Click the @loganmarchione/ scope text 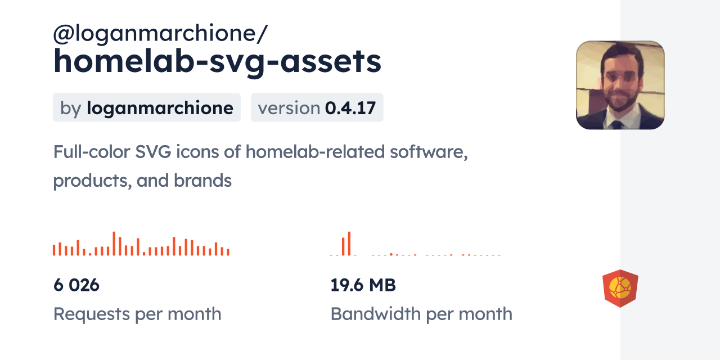click(160, 34)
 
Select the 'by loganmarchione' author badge click(147, 107)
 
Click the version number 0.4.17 click(350, 107)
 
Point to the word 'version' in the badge click(289, 107)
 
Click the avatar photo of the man click(620, 85)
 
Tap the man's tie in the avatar click(617, 124)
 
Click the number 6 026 click(76, 285)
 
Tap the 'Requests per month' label click(137, 314)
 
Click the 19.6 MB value click(363, 285)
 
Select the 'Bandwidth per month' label click(421, 314)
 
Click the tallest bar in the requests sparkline click(114, 244)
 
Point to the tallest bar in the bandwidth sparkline click(349, 244)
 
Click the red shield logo click(620, 289)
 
